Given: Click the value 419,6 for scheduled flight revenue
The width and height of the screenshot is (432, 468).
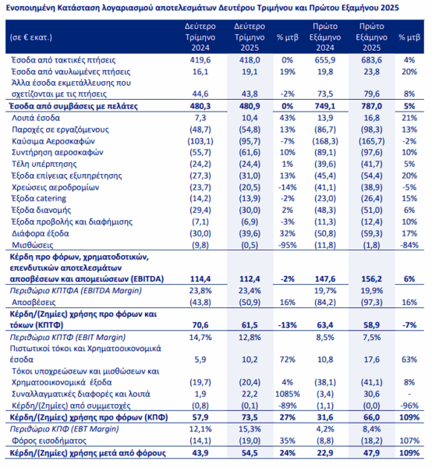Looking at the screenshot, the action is (200, 60).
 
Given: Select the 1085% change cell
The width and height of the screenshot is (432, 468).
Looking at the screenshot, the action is (287, 394).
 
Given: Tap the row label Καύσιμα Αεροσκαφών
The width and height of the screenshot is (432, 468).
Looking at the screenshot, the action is (53, 141).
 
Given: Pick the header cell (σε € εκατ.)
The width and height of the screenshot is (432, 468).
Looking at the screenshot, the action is (31, 37).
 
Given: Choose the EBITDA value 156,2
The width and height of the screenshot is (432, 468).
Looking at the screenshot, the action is (372, 279).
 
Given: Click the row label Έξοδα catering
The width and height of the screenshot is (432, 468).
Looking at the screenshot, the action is (39, 198).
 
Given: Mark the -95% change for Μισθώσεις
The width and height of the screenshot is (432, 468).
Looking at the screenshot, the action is (287, 246).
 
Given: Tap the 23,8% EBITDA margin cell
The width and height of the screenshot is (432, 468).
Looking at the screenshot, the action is (200, 291).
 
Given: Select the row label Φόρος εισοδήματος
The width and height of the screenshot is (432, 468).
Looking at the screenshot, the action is (49, 441).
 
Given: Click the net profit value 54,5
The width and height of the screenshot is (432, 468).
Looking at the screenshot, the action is (250, 453).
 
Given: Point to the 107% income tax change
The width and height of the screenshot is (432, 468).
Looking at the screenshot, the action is (409, 441).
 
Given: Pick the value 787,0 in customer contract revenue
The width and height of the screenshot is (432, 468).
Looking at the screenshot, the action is (372, 106).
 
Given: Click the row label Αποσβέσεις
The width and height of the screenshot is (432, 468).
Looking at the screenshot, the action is (34, 303).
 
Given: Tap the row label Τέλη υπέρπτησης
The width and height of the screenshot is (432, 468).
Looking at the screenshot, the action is (44, 164).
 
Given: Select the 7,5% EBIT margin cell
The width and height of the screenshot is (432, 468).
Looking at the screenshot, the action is (372, 338).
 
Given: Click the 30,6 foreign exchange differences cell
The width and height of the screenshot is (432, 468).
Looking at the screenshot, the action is (372, 394).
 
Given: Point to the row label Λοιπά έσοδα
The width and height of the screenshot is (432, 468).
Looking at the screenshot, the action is (36, 118).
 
